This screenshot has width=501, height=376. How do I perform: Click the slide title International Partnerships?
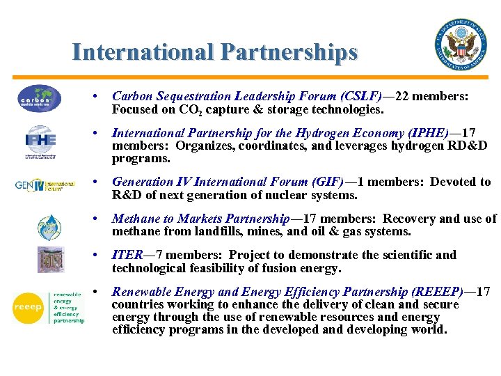click(x=215, y=52)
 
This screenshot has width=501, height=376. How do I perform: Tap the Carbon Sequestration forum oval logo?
click(x=40, y=98)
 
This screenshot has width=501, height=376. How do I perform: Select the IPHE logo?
click(x=40, y=141)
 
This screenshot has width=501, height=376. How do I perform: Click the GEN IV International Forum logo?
click(x=45, y=186)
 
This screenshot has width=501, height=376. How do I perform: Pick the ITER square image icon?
click(x=50, y=260)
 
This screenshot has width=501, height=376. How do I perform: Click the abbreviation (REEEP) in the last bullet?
click(x=440, y=292)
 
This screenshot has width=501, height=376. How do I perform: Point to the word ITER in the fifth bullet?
click(x=126, y=255)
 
